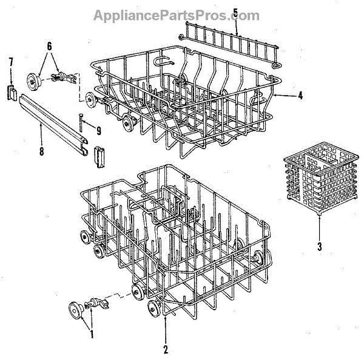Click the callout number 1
click(92, 332)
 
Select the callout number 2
click(166, 348)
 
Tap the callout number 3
click(318, 247)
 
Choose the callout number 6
click(49, 46)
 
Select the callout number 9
click(98, 129)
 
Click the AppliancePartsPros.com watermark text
click(176, 15)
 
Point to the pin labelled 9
click(80, 124)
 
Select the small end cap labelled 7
click(11, 90)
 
